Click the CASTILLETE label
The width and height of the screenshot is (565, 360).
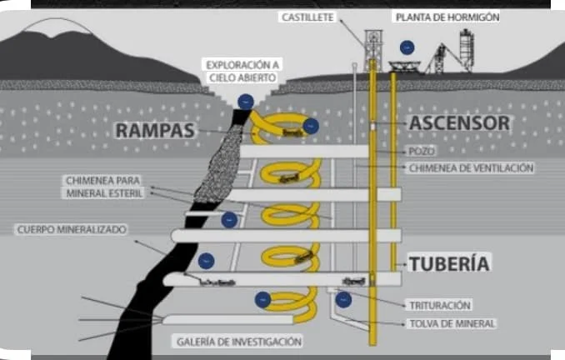[x=309, y=17]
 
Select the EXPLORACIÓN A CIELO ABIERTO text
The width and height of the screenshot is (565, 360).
[x=242, y=71]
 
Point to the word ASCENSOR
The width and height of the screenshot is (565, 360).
[x=458, y=123]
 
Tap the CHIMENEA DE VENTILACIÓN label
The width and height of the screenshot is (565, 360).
[x=471, y=167]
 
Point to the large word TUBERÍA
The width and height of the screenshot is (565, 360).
[x=448, y=263]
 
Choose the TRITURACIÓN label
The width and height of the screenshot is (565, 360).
[x=440, y=305]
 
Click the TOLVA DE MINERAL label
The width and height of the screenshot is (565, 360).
[x=452, y=322]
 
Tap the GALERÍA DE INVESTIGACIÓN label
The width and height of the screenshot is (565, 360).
[x=238, y=342]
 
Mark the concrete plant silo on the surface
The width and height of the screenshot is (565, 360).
[x=467, y=48]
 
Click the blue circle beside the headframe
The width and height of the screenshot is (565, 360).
[x=406, y=47]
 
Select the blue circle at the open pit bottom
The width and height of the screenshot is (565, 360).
[x=245, y=102]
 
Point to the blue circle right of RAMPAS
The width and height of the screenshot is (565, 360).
[x=310, y=127]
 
